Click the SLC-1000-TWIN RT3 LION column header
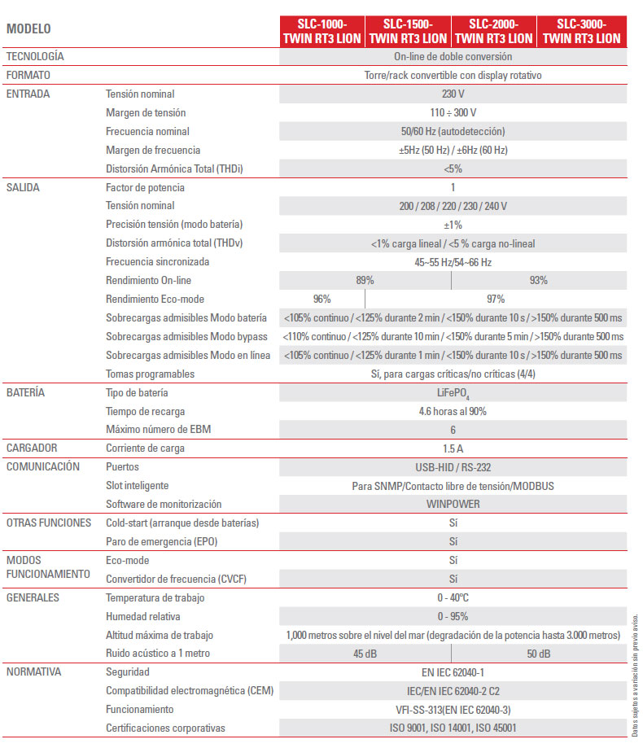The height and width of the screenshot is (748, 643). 321,31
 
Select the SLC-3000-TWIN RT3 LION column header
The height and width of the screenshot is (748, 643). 581,31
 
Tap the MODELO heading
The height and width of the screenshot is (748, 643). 28,29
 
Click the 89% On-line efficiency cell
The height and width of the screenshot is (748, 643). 365,280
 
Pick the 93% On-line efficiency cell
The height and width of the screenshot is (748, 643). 538,280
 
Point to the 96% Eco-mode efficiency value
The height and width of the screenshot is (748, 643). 321,299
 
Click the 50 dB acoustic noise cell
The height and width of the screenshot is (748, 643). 538,654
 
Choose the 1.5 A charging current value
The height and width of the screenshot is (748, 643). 453,448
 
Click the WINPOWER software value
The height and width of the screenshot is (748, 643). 453,504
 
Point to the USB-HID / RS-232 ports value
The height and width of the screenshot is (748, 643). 453,467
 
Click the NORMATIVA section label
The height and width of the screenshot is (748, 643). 33,671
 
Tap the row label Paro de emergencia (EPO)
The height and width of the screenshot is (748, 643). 162,541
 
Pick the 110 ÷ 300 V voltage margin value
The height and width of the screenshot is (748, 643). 453,112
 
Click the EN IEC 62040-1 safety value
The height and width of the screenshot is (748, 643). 453,672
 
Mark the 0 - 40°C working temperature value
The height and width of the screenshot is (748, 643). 453,597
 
